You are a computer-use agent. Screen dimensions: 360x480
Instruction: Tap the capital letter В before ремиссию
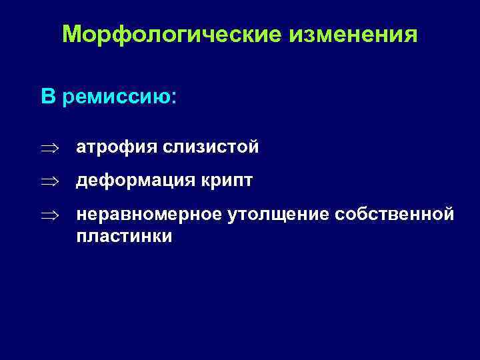coord(48,97)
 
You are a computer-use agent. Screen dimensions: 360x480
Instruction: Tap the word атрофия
coord(116,147)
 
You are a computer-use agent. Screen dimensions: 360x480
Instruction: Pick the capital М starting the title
coord(71,35)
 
